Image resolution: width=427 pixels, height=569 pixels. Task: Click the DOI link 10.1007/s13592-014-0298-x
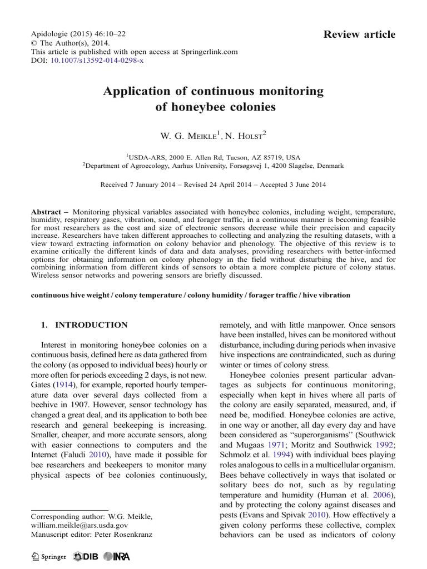click(x=97, y=60)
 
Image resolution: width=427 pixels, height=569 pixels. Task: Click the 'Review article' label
click(x=359, y=34)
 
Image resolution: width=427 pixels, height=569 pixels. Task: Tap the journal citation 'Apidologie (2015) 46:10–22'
click(x=78, y=33)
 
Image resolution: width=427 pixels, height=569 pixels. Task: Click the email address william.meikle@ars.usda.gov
click(x=80, y=525)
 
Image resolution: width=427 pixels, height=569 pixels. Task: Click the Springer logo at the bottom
click(x=49, y=556)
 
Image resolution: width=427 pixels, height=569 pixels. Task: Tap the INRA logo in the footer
click(x=115, y=556)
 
